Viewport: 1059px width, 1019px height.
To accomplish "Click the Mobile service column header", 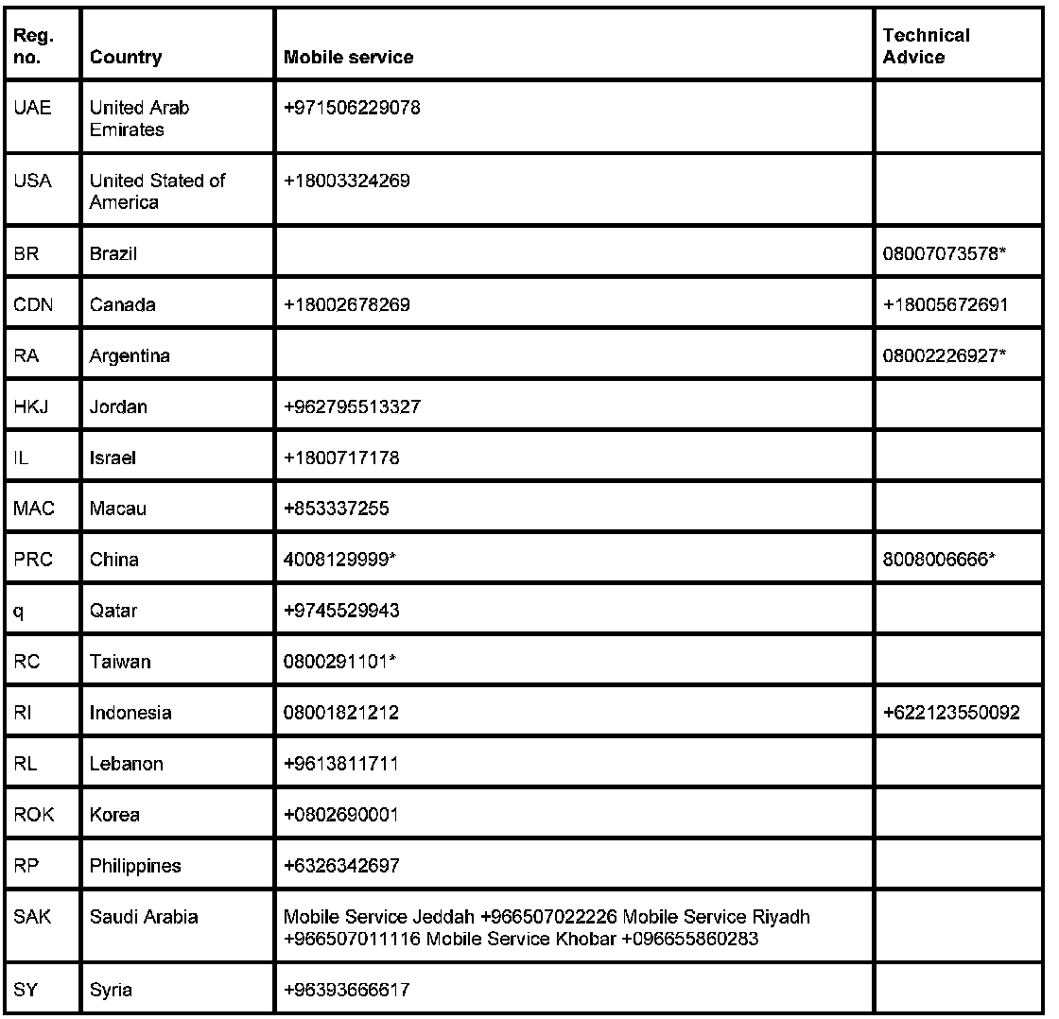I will coord(348,58).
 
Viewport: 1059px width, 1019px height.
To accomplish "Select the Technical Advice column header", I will coord(926,46).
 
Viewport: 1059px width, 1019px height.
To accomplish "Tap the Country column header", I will coord(126,58).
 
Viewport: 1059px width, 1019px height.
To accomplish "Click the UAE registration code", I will coord(32,108).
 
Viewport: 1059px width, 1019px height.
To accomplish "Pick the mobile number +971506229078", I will coord(352,108).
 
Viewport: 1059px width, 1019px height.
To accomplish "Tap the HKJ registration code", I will coord(32,407).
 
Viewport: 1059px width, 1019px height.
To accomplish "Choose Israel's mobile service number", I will coord(341,458).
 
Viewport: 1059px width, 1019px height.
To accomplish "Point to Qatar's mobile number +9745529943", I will coord(341,612).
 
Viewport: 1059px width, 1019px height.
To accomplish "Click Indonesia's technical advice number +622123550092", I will coord(951,714).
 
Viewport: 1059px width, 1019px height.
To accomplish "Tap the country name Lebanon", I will coord(127,764).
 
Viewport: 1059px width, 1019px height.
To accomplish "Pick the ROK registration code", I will coord(34,815).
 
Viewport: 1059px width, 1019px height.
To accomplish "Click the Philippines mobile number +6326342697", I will coord(341,866).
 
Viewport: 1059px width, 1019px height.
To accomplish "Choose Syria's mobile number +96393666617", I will coord(346,991).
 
